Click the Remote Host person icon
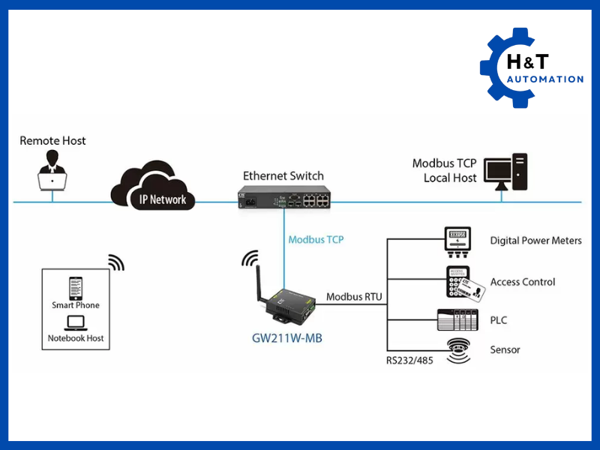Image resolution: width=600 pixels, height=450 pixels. tap(52, 170)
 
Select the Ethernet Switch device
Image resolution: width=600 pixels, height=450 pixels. tap(283, 198)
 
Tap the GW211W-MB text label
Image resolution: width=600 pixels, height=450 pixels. tap(287, 337)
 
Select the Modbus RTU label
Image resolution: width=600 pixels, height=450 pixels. tap(354, 297)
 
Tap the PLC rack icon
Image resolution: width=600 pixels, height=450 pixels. tap(456, 320)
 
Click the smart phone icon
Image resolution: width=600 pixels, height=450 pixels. tap(76, 288)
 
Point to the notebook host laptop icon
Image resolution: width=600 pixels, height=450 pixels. tap(76, 322)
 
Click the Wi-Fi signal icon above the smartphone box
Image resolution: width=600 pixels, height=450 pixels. tap(115, 262)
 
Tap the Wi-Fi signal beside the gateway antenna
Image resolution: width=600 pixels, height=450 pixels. tap(248, 259)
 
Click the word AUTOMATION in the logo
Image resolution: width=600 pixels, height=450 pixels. tap(544, 79)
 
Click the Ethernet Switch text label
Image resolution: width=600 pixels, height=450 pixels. tap(283, 175)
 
